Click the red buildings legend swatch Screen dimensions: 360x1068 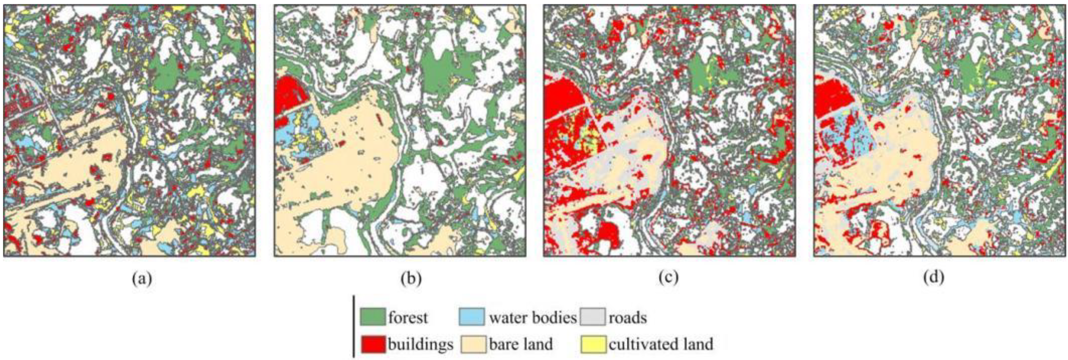click(372, 344)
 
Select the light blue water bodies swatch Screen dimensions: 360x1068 click(471, 317)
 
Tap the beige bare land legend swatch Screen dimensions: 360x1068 click(473, 344)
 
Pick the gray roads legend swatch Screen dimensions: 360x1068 click(592, 317)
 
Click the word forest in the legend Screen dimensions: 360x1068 click(408, 318)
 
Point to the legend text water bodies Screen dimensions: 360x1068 click(533, 318)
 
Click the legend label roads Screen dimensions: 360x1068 click(627, 318)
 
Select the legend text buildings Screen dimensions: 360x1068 click(421, 344)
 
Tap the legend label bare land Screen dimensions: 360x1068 click(521, 344)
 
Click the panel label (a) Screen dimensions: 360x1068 click(142, 277)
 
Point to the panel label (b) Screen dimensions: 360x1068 click(411, 277)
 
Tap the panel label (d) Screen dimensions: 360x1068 click(934, 277)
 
